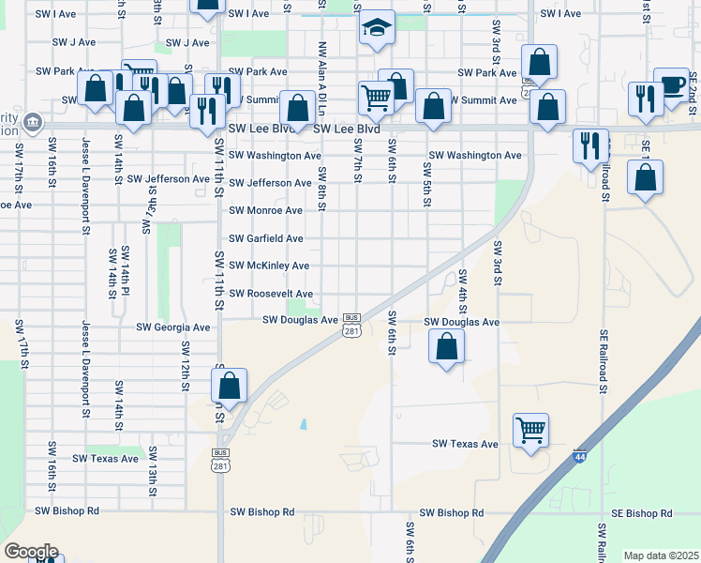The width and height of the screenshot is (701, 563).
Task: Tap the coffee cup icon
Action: [671, 84]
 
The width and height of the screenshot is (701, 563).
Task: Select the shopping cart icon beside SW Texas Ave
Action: [530, 431]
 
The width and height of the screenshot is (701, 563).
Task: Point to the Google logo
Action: [30, 551]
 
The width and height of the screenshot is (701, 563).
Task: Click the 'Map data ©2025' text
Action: [661, 555]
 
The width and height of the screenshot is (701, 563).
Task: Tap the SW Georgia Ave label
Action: [173, 327]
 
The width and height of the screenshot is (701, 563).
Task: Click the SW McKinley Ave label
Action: [269, 266]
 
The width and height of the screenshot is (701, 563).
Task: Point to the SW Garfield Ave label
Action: [266, 238]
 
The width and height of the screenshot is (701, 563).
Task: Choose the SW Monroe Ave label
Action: [266, 210]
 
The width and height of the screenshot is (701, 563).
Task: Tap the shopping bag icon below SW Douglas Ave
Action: [447, 346]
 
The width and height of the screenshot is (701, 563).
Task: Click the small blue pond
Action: [304, 424]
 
